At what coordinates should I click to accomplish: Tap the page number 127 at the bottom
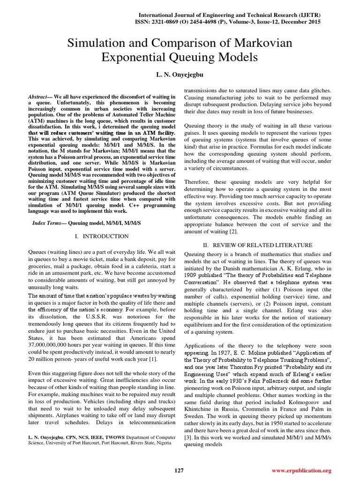[179, 470]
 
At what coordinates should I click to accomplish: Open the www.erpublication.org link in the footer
[301, 470]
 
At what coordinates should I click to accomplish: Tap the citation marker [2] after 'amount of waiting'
[233, 232]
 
